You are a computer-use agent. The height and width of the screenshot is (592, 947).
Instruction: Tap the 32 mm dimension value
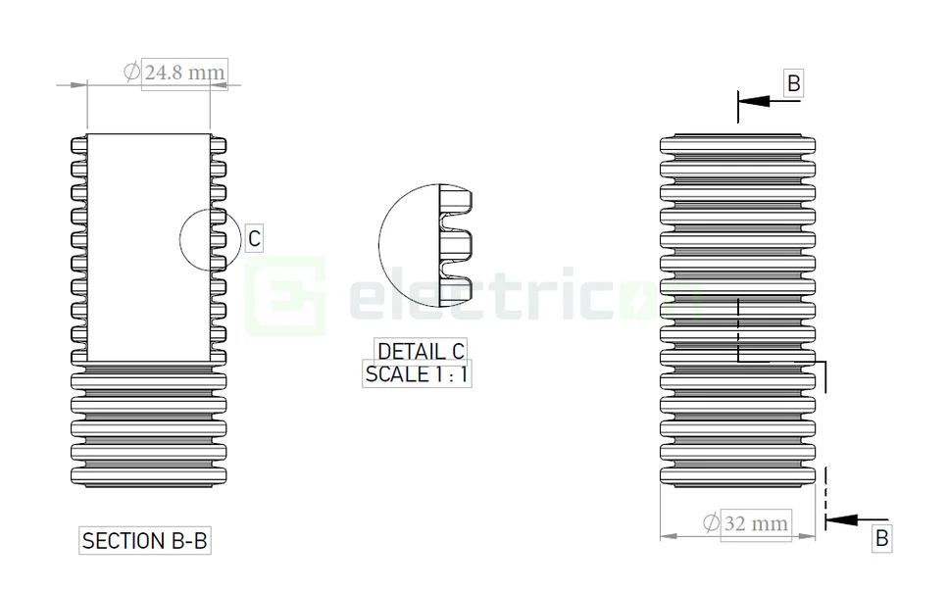point(755,523)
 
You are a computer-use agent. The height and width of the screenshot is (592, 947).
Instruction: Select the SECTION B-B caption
point(145,540)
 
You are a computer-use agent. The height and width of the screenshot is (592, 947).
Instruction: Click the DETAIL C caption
point(421,351)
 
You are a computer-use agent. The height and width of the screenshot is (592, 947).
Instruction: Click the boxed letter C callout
point(254,238)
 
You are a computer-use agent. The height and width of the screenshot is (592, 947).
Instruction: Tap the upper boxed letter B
point(793,83)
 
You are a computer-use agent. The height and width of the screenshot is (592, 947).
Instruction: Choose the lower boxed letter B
point(881,537)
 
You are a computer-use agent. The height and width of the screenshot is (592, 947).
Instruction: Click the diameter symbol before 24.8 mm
point(131,72)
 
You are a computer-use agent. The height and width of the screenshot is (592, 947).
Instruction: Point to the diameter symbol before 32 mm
point(710,523)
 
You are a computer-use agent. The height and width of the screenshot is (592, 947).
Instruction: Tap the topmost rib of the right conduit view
point(737,145)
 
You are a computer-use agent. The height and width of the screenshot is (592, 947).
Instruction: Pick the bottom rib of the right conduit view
point(737,476)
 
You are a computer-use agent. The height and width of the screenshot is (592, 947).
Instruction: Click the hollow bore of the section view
point(147,245)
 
